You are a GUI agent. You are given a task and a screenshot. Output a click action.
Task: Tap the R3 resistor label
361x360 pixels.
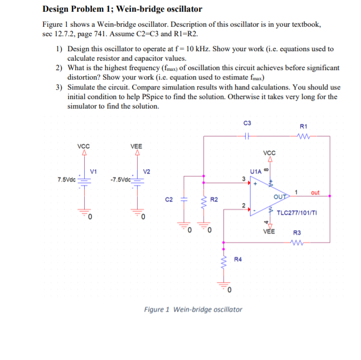297,233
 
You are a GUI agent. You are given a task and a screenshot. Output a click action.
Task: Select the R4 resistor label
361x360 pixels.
238,259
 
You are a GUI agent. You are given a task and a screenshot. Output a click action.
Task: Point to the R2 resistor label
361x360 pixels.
214,199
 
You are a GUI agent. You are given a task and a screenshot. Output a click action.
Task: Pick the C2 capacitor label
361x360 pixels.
169,199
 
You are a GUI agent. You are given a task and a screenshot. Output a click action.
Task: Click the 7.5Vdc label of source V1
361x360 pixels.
66,179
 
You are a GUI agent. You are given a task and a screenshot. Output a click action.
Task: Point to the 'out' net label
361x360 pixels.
315,193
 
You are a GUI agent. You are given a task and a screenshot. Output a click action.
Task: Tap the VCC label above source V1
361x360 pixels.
84,146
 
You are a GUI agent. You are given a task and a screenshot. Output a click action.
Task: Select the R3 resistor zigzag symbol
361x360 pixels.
297,243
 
